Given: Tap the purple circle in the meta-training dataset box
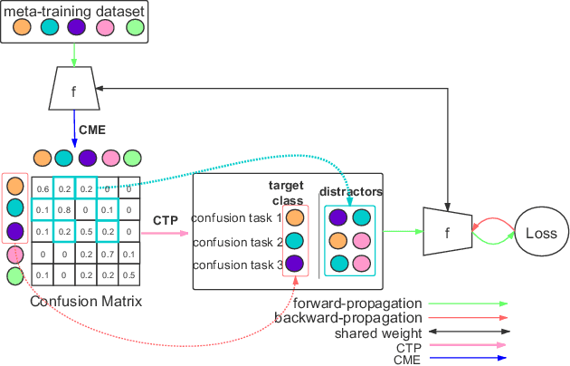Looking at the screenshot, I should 76,27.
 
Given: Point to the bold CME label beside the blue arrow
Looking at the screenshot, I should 92,129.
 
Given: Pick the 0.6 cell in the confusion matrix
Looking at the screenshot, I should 41,189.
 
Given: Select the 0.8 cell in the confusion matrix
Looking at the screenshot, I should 64,209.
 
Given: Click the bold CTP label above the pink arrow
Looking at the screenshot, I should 165,220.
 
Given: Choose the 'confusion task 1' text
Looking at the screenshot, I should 236,217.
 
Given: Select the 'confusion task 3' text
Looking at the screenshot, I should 236,264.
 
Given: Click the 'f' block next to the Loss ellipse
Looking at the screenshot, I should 447,233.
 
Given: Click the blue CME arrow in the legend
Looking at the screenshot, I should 467,360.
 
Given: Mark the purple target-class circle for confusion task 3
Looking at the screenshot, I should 295,264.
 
